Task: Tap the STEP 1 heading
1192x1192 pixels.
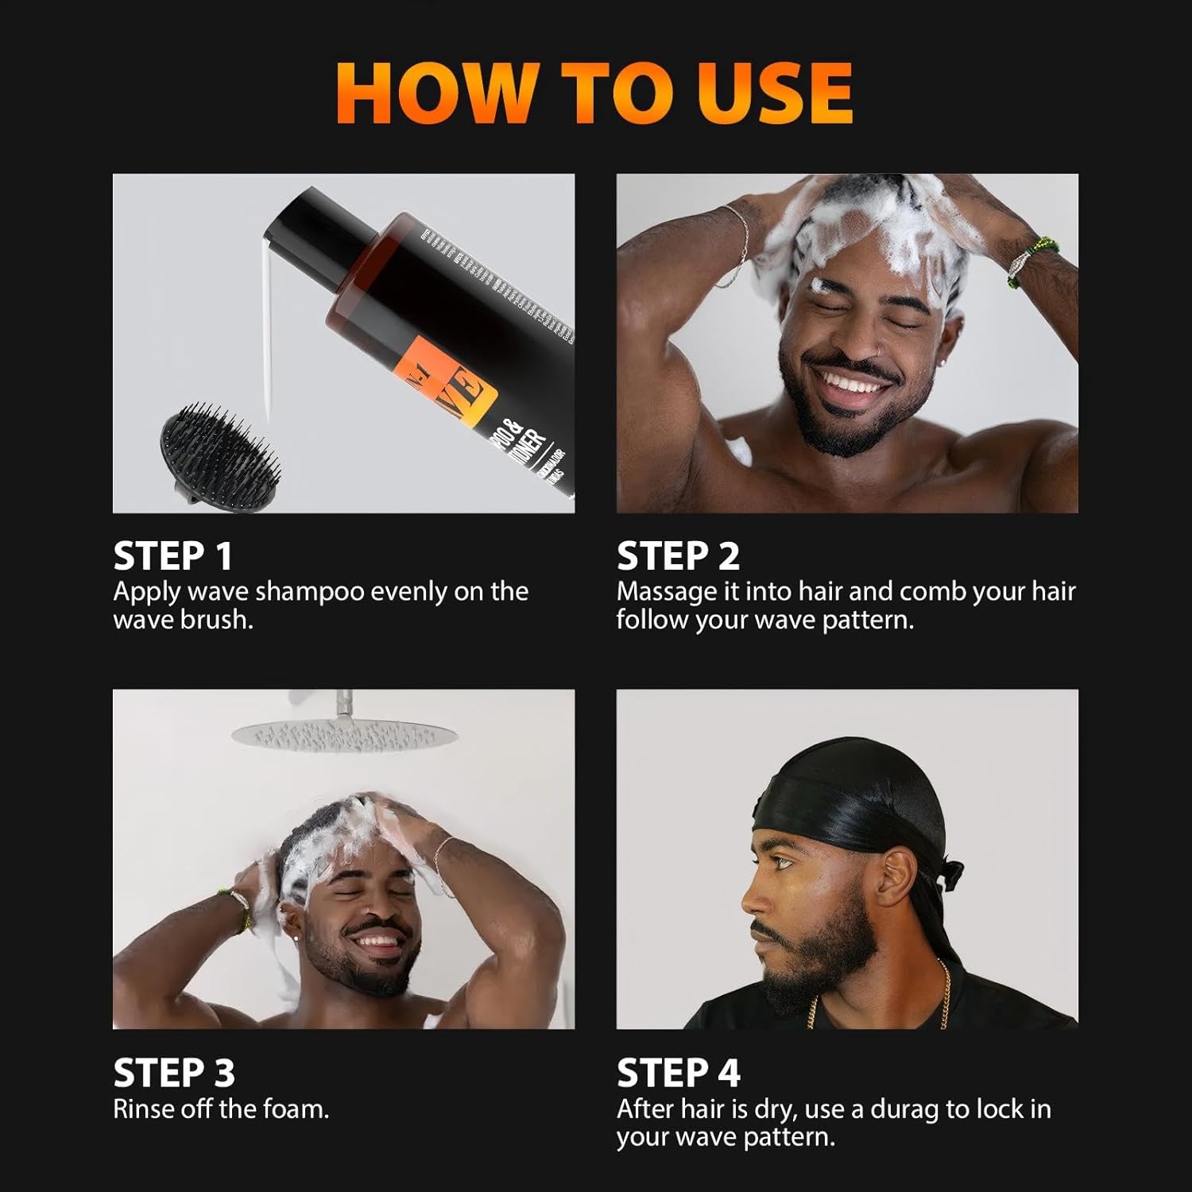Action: [172, 555]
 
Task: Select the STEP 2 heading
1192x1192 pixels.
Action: [678, 555]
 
